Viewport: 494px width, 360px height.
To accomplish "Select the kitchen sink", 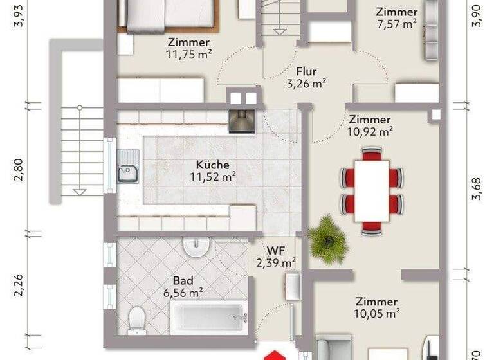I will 128,168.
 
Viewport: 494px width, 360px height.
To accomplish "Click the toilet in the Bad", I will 136,318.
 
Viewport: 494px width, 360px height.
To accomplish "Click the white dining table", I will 371,190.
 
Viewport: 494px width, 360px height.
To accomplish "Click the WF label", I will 276,250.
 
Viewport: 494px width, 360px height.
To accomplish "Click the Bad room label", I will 183,281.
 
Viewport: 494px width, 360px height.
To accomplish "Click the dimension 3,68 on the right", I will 476,191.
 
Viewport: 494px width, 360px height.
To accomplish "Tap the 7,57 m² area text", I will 397,24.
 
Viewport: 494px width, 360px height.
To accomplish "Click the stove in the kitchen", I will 241,120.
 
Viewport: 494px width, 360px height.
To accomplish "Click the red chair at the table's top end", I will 371,154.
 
